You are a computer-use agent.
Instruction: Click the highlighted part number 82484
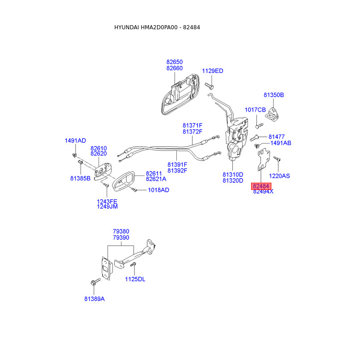point(261,186)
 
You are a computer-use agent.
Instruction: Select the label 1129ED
point(212,71)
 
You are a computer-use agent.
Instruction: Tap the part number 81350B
point(274,95)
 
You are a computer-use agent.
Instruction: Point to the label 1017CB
point(255,110)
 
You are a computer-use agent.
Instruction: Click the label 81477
point(277,136)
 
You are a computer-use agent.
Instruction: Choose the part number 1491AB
point(280,143)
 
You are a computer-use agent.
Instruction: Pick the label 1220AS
point(279,176)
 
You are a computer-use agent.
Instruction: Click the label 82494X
point(263,192)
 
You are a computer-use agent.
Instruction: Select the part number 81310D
point(233,175)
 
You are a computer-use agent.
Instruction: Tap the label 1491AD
point(75,141)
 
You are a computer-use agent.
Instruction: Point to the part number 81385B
point(81,178)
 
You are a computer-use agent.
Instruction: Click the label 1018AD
point(158,190)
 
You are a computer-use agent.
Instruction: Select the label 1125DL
point(135,279)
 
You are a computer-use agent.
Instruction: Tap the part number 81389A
point(94,298)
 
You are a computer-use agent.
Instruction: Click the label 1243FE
point(107,201)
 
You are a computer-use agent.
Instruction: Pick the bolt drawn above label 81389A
point(94,283)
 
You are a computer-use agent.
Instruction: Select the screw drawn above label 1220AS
point(277,159)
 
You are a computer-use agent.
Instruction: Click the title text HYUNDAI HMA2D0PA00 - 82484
point(157,27)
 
